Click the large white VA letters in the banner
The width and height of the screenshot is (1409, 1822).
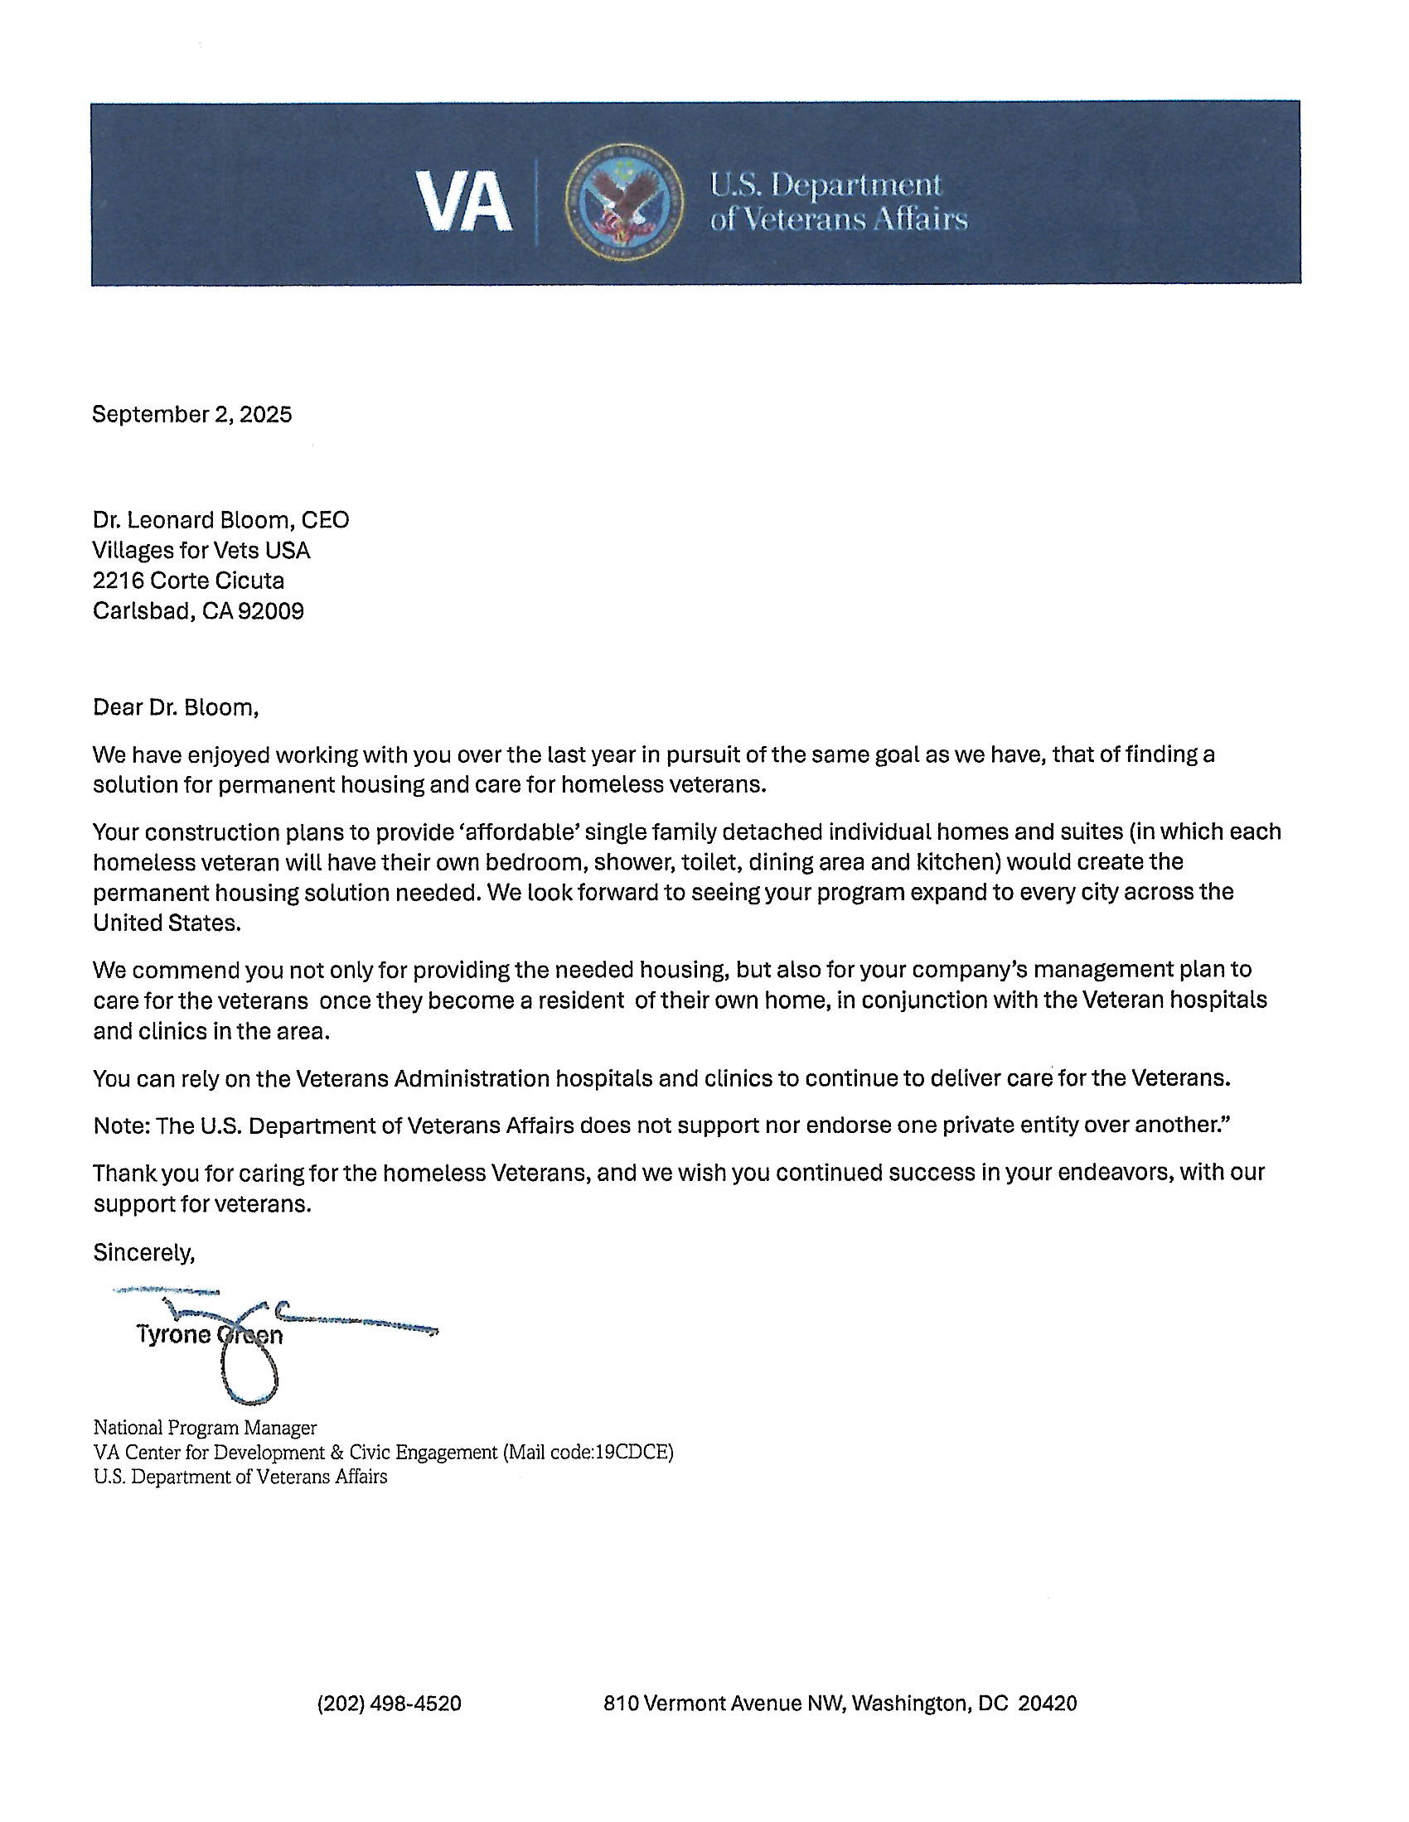click(x=464, y=204)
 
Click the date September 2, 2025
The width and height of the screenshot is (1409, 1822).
click(x=192, y=415)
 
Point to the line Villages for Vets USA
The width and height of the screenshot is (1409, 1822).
click(x=201, y=551)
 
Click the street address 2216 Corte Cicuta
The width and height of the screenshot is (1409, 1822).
click(x=189, y=581)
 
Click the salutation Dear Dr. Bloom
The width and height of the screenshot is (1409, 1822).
click(x=175, y=707)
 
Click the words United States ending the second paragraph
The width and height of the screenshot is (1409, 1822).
click(x=165, y=923)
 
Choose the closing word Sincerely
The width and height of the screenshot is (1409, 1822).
click(x=143, y=1252)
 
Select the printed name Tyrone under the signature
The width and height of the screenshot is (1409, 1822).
click(x=173, y=1336)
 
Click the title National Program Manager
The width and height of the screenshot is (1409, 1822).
click(x=205, y=1428)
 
